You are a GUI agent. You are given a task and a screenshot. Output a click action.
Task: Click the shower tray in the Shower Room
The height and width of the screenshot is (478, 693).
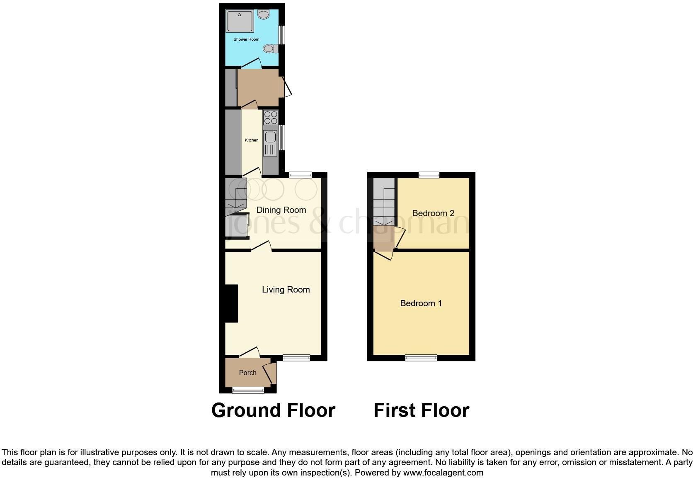coord(240,21)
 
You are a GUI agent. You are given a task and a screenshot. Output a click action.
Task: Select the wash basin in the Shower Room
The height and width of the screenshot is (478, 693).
coord(263,15)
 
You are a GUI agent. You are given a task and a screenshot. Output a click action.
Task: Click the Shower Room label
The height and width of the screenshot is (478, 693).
coord(246,39)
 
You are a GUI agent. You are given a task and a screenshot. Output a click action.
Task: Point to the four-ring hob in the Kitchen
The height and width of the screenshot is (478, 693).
coord(271,117)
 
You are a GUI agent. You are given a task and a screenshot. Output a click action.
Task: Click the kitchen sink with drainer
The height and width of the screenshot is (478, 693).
coord(270,143)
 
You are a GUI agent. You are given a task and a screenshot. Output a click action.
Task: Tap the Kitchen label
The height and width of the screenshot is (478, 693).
coord(252,140)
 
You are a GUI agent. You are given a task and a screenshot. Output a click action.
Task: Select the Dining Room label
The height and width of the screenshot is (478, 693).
coord(281,210)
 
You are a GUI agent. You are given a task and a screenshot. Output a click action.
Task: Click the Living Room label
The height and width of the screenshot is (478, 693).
coord(286,290)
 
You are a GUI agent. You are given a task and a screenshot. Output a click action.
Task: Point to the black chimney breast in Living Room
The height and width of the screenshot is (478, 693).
coord(231,303)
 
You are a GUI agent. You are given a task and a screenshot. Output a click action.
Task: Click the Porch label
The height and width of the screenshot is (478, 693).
coord(247,373)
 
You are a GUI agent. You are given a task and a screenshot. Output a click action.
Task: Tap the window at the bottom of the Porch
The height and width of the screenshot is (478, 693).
coord(248,390)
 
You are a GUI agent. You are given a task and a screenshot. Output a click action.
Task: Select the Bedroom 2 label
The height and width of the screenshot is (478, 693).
coord(433,213)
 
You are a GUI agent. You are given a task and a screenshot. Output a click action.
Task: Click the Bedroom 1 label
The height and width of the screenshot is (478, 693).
coord(421,303)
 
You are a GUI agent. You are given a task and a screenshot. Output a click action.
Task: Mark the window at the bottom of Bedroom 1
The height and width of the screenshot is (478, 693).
coord(421,358)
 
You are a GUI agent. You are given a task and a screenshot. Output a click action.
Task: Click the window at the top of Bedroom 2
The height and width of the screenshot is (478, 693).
coord(429,175)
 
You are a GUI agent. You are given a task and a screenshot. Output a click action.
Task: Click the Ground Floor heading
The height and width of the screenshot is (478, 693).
coord(273,410)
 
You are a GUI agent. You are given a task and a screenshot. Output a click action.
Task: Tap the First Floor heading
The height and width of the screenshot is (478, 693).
coord(421,410)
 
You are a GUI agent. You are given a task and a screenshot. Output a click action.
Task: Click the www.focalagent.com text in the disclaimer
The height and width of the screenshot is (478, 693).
coord(443,473)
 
